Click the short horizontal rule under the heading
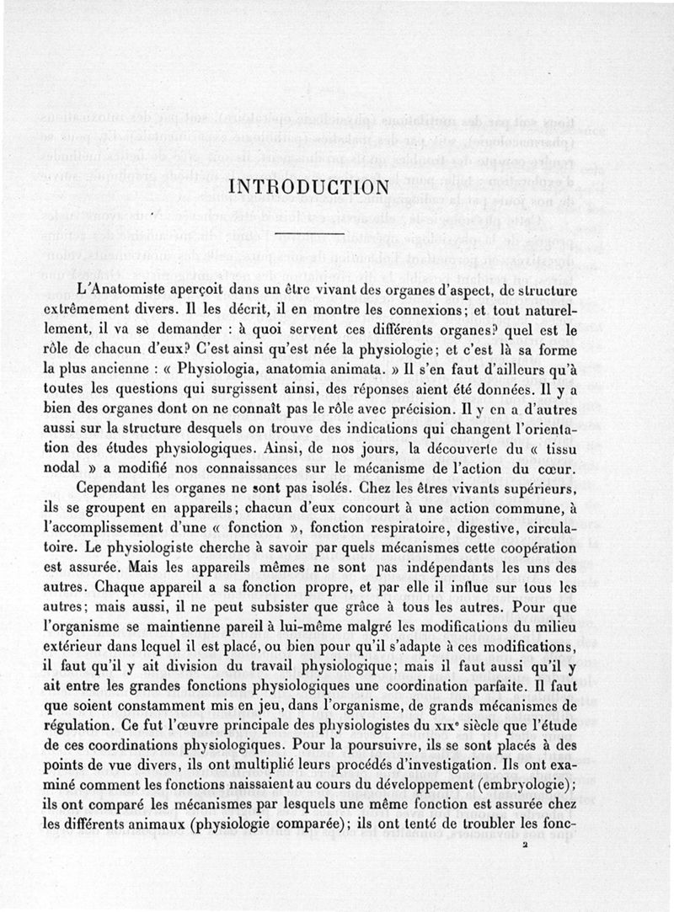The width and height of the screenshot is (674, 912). [x=309, y=232]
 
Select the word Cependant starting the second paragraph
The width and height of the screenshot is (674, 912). [x=116, y=489]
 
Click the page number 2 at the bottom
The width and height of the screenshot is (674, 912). [x=525, y=850]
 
